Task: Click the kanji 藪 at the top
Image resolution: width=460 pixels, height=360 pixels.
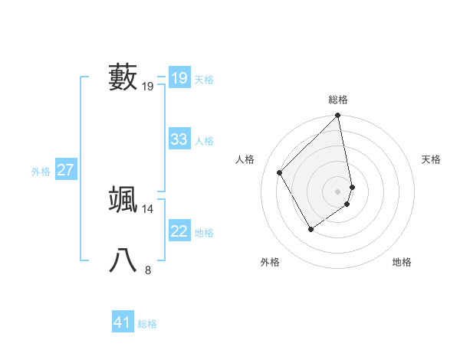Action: (x=123, y=77)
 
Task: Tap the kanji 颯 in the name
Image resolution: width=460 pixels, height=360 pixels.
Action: (x=123, y=199)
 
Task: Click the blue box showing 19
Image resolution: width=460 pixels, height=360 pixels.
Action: (x=179, y=78)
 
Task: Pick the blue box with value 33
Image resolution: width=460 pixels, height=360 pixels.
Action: (x=179, y=139)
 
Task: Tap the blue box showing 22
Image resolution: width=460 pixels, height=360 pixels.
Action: (x=179, y=231)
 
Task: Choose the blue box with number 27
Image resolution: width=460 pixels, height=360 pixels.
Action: (x=65, y=170)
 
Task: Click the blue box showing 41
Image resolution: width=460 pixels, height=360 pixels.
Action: (x=123, y=322)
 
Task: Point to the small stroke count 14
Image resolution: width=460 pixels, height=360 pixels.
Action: (x=147, y=208)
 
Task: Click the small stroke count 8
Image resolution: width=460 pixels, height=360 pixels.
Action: (x=148, y=270)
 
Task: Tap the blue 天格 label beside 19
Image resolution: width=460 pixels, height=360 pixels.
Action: (x=204, y=80)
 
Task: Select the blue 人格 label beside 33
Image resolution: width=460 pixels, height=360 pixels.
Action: (x=204, y=141)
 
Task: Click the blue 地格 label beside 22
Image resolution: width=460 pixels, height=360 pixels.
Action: (x=204, y=233)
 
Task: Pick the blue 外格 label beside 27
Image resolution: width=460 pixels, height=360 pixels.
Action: (x=41, y=172)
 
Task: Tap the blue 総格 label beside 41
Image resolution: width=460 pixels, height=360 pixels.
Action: (x=147, y=324)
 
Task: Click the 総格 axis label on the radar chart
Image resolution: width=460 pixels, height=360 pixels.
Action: (x=338, y=100)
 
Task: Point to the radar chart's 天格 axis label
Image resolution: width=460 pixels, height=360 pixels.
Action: (x=431, y=159)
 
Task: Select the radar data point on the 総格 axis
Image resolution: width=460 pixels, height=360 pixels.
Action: (x=338, y=116)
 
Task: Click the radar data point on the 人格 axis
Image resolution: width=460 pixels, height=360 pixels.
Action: (x=280, y=172)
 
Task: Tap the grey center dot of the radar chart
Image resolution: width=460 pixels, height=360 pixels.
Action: (x=338, y=191)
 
